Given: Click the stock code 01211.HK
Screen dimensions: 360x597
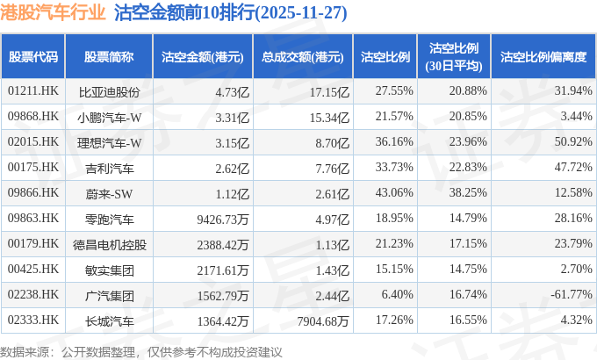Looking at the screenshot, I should tap(32, 90).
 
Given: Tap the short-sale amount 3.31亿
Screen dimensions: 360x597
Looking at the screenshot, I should tap(232, 116).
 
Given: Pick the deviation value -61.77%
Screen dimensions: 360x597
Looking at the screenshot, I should tap(566, 295).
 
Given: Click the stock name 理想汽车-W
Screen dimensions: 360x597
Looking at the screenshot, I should tap(109, 141).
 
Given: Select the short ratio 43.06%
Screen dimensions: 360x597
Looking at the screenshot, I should tap(393, 192).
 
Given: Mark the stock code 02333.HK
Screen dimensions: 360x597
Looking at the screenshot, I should tap(32, 320).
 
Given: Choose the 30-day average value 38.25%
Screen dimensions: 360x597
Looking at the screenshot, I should tap(467, 192).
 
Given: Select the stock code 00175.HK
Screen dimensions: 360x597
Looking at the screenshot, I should tap(32, 167).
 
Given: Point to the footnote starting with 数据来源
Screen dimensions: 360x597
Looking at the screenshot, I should tap(141, 350).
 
